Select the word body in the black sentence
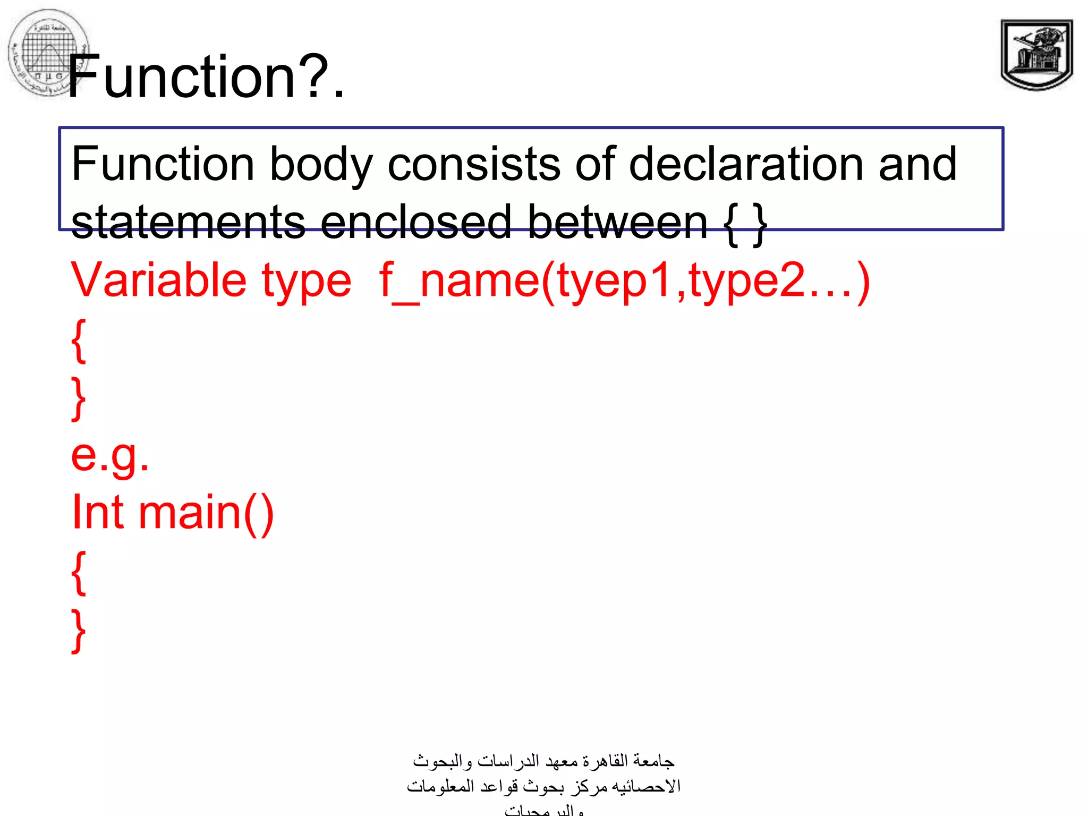[x=321, y=165]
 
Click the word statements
[x=188, y=223]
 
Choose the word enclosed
[x=415, y=223]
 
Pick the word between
[x=617, y=223]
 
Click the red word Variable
[x=158, y=280]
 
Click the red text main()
[x=206, y=513]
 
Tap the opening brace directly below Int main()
[x=79, y=573]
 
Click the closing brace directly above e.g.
[x=79, y=398]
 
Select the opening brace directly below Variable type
[x=79, y=340]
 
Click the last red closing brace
[x=79, y=631]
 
